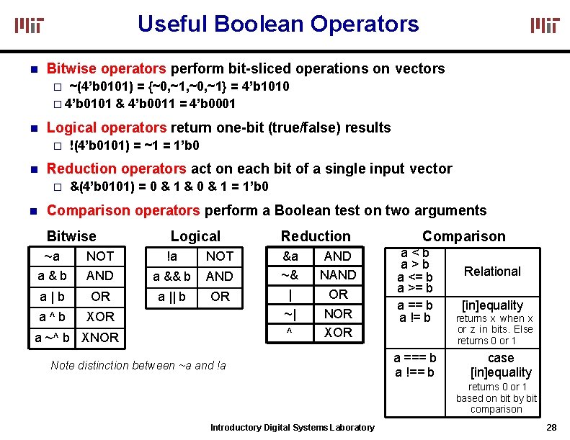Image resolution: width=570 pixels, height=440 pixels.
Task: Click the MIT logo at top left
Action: (30, 26)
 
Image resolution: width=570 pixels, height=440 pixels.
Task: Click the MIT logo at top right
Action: (545, 26)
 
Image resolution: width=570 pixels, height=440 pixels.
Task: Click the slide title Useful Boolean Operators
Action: (278, 24)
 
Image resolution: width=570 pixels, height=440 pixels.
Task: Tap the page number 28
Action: (552, 427)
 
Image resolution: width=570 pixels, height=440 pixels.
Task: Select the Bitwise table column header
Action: (71, 236)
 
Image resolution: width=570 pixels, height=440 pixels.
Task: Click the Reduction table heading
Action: (316, 236)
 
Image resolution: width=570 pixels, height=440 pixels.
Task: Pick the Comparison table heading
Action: (463, 236)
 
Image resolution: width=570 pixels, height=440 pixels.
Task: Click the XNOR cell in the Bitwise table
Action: (100, 337)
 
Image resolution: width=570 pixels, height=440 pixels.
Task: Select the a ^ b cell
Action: (51, 316)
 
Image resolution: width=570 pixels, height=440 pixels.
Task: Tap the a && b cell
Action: (172, 277)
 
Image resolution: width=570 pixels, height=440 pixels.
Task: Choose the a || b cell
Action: (172, 297)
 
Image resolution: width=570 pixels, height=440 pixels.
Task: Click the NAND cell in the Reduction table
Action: (338, 275)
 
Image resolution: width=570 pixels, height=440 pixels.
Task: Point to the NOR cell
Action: (338, 314)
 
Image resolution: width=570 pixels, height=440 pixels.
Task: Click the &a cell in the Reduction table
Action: (290, 256)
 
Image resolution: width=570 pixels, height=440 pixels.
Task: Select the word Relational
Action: (492, 271)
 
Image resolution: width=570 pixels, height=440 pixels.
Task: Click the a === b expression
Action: (415, 358)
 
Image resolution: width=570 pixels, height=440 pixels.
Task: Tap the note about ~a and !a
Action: (138, 365)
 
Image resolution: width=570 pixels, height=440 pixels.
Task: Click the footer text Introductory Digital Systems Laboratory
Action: (292, 428)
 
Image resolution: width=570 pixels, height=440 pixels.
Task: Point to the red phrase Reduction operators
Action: (116, 169)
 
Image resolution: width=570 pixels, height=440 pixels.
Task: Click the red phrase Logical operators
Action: (106, 128)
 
